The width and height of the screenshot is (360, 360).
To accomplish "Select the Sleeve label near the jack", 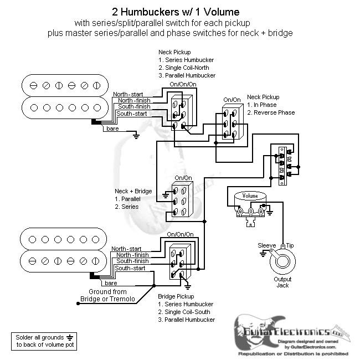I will (267, 245).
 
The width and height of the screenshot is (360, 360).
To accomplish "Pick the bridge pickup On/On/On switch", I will (179, 261).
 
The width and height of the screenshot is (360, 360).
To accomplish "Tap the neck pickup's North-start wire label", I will (128, 94).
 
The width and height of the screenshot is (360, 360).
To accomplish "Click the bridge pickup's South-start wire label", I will (131, 268).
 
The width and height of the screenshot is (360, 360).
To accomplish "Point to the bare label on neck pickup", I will (112, 129).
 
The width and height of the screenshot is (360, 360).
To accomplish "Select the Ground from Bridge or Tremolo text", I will (107, 295).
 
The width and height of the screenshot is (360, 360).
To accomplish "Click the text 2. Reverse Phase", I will (271, 112).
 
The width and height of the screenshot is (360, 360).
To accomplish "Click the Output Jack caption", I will (282, 282).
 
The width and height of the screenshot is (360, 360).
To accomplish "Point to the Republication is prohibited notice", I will (293, 353).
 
